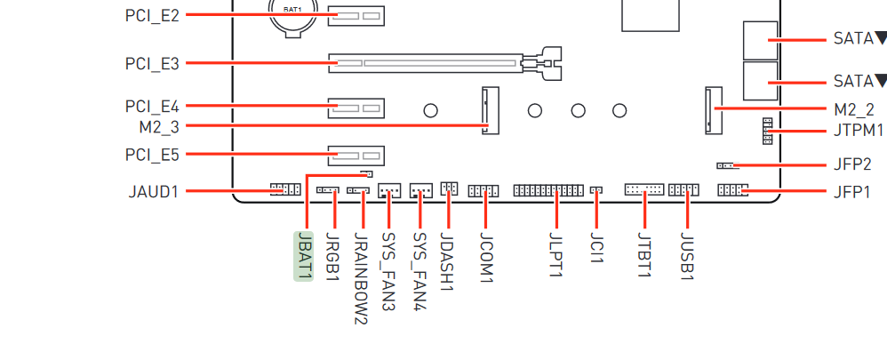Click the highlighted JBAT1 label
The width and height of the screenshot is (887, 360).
[304, 256]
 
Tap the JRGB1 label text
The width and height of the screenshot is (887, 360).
[333, 256]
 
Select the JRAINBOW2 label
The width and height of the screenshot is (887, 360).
[361, 278]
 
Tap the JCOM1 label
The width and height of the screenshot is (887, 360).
[486, 258]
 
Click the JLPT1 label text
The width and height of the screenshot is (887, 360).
[556, 255]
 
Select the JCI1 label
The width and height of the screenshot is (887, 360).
[596, 247]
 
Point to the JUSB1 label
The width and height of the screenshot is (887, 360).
[687, 256]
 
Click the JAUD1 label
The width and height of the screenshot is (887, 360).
[153, 193]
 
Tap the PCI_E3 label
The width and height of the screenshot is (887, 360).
[152, 63]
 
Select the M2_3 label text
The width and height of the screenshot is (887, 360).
[159, 127]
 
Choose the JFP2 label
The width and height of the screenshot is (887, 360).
[852, 165]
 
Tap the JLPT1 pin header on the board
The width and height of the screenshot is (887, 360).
[548, 190]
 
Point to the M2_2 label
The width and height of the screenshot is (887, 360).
[854, 109]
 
